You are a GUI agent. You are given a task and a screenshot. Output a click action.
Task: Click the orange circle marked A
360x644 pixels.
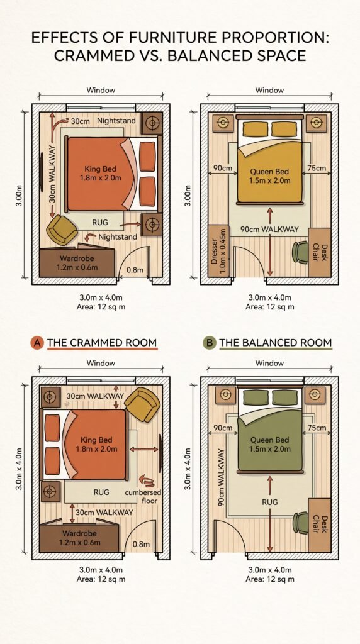37,343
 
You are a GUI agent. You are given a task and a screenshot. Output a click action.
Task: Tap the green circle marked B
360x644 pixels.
210,343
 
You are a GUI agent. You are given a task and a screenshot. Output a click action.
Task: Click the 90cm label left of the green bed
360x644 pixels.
223,428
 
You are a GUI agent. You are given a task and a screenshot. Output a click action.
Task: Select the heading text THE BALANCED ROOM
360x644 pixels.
275,343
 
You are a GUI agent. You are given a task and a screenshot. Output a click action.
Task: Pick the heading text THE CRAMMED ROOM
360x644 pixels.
102,343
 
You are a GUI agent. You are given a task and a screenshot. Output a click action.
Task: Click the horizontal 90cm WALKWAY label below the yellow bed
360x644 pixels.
269,230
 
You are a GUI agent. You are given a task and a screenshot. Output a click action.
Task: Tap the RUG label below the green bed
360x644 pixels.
270,502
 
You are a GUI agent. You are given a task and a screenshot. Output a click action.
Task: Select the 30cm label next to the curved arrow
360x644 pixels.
80,121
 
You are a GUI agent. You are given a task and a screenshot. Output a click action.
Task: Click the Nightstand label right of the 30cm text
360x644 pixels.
115,121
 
